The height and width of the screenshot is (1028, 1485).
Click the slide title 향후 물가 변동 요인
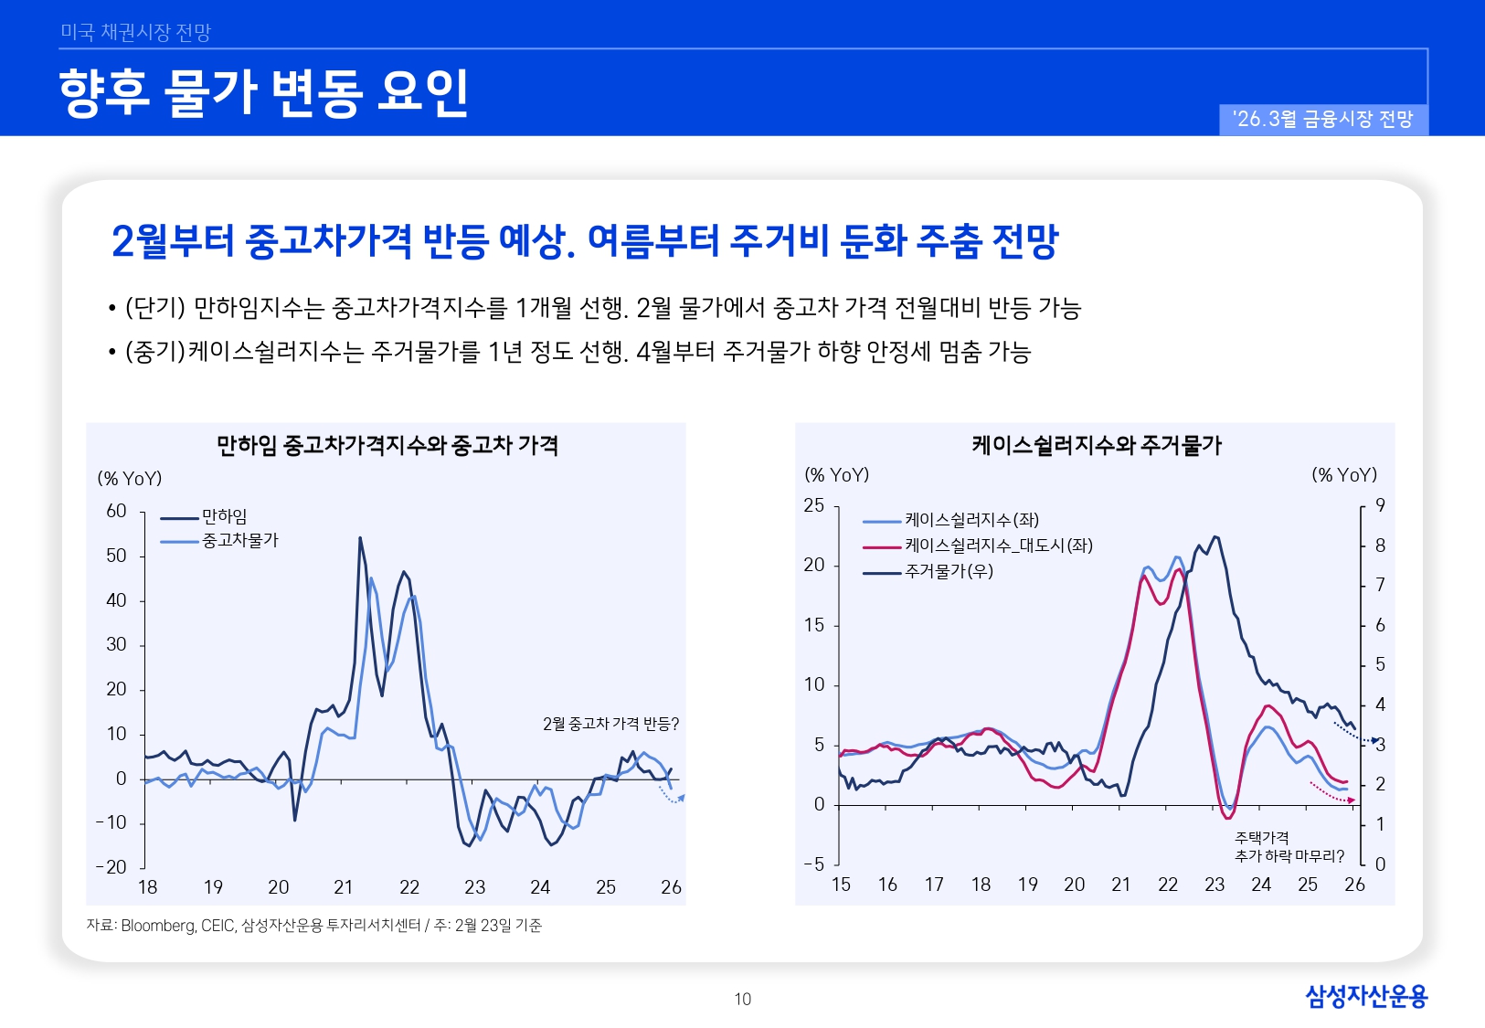(263, 92)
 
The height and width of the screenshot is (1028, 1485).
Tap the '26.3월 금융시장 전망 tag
(1322, 120)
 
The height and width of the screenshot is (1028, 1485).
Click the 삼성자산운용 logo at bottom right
(1365, 996)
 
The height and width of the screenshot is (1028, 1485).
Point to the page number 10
(742, 1000)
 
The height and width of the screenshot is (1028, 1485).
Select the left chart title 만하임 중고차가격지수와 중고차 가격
(387, 446)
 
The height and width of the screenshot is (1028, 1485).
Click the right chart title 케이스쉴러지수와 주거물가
(1096, 446)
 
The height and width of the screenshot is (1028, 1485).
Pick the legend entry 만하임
(224, 517)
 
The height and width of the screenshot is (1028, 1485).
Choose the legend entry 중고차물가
(239, 541)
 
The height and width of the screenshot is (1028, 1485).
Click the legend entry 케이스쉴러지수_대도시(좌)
(998, 546)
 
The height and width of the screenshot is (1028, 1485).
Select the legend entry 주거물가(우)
(949, 572)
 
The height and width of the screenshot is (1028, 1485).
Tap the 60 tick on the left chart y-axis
(116, 512)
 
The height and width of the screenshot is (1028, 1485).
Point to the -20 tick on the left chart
(111, 867)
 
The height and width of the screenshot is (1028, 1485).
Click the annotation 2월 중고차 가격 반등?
(610, 725)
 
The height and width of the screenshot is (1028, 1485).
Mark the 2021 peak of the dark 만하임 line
(360, 538)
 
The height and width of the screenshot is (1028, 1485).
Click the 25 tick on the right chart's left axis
(813, 506)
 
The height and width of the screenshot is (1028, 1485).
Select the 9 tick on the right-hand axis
(1380, 506)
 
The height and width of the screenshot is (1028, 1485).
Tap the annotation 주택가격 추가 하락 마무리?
(1289, 847)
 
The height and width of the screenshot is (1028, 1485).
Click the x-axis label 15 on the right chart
(841, 885)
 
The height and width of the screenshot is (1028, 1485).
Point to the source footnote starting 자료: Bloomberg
(313, 926)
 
